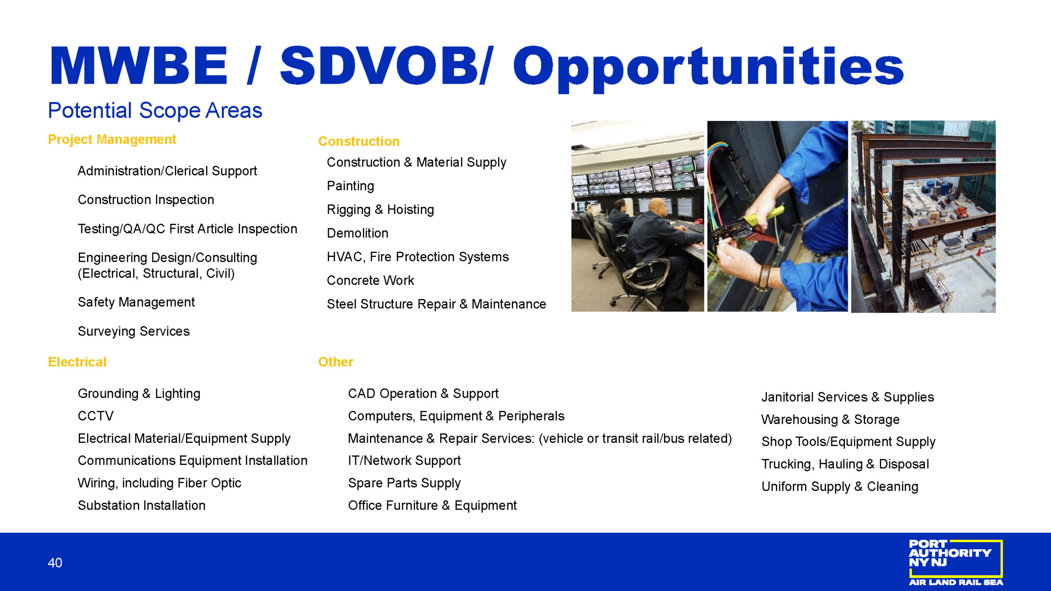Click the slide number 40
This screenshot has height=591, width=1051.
point(55,563)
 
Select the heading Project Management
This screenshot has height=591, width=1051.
point(112,140)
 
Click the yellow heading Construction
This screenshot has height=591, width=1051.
point(359,141)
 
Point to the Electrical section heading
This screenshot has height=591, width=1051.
point(77,362)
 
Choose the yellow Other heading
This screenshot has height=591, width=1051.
point(335,362)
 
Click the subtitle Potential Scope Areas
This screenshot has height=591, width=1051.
point(155,110)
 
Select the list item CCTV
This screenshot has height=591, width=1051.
point(96,416)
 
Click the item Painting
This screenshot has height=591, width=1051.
point(351,186)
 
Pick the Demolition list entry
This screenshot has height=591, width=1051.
point(358,233)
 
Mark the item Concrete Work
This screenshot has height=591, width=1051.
point(371,280)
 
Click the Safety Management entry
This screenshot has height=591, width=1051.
point(136,302)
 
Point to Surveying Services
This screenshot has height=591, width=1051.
point(134,331)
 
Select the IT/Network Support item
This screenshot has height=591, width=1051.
point(404,461)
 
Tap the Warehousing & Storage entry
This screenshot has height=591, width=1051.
point(831,419)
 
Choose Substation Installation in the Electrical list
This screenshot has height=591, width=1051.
point(142,505)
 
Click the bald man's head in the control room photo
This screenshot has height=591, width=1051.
point(657,207)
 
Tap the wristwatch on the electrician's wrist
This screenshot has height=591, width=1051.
point(763,277)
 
